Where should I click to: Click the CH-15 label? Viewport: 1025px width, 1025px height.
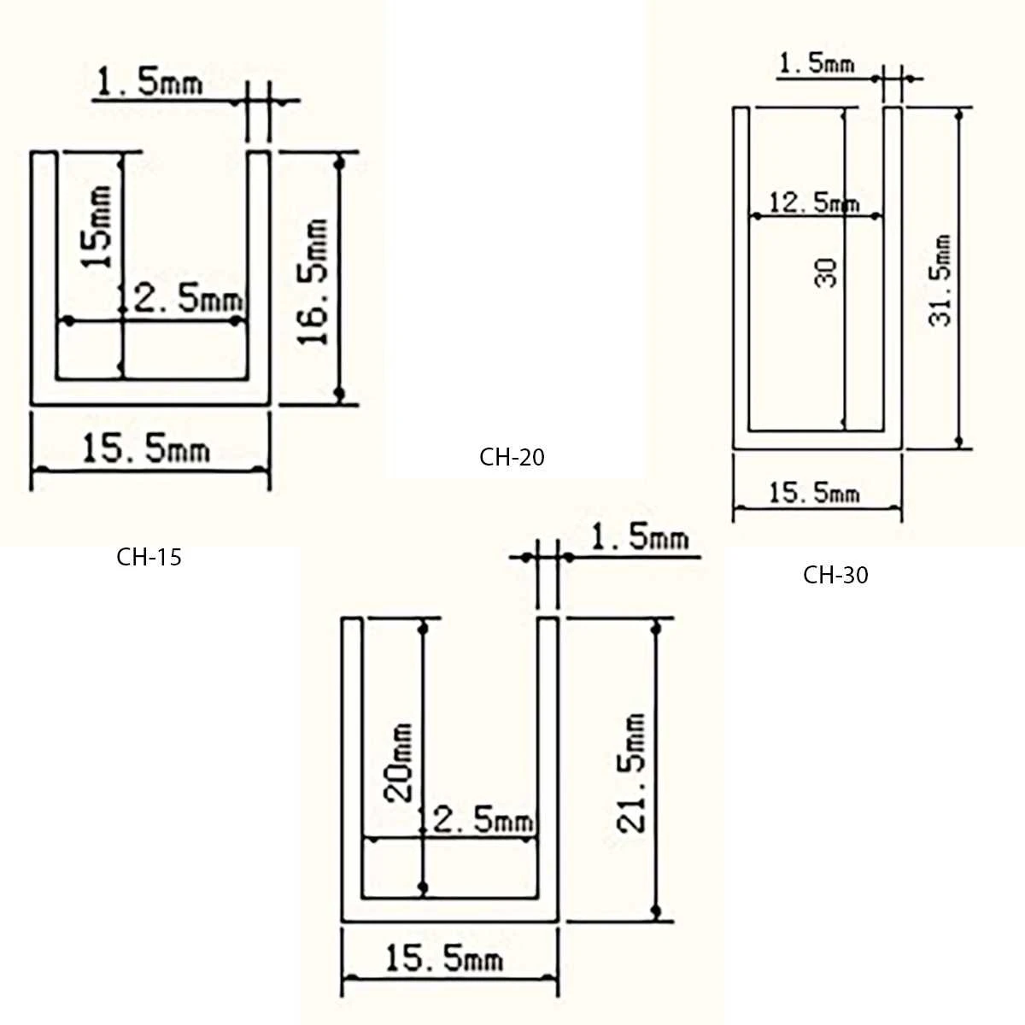click(x=149, y=558)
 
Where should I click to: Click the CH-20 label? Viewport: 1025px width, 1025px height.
click(x=512, y=458)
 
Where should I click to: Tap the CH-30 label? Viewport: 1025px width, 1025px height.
click(x=835, y=575)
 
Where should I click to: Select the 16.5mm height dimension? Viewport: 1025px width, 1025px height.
click(x=315, y=281)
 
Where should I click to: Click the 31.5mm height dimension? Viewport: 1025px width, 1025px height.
click(x=940, y=280)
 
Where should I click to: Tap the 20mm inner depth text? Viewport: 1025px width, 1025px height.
click(x=399, y=763)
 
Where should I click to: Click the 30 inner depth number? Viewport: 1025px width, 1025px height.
click(x=827, y=272)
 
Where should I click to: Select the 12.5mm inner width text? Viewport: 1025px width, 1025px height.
click(x=814, y=203)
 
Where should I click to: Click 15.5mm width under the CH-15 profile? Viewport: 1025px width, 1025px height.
click(x=145, y=448)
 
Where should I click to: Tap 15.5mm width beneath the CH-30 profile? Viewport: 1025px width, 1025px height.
click(x=814, y=493)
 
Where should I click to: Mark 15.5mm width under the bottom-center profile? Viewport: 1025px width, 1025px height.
click(x=443, y=958)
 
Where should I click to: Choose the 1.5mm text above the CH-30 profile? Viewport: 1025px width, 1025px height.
click(x=817, y=63)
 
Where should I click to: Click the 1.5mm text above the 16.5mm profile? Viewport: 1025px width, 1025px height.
click(x=150, y=83)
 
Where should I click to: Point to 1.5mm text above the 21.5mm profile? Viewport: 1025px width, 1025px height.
click(x=639, y=538)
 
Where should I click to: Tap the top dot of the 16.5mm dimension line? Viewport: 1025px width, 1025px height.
click(x=339, y=161)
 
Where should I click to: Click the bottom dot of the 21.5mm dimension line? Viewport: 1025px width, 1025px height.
click(x=656, y=911)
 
